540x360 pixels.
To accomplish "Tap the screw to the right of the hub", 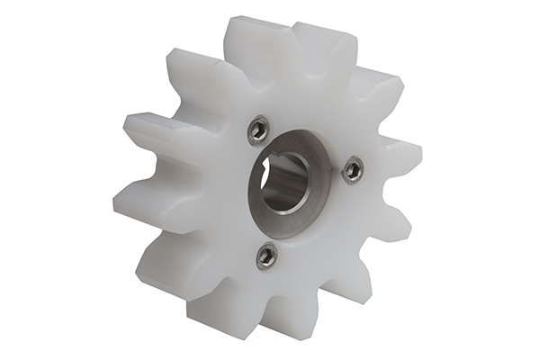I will (x=353, y=168).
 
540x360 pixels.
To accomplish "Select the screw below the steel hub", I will (x=266, y=256).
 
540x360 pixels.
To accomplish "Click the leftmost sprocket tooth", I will (x=135, y=203).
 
